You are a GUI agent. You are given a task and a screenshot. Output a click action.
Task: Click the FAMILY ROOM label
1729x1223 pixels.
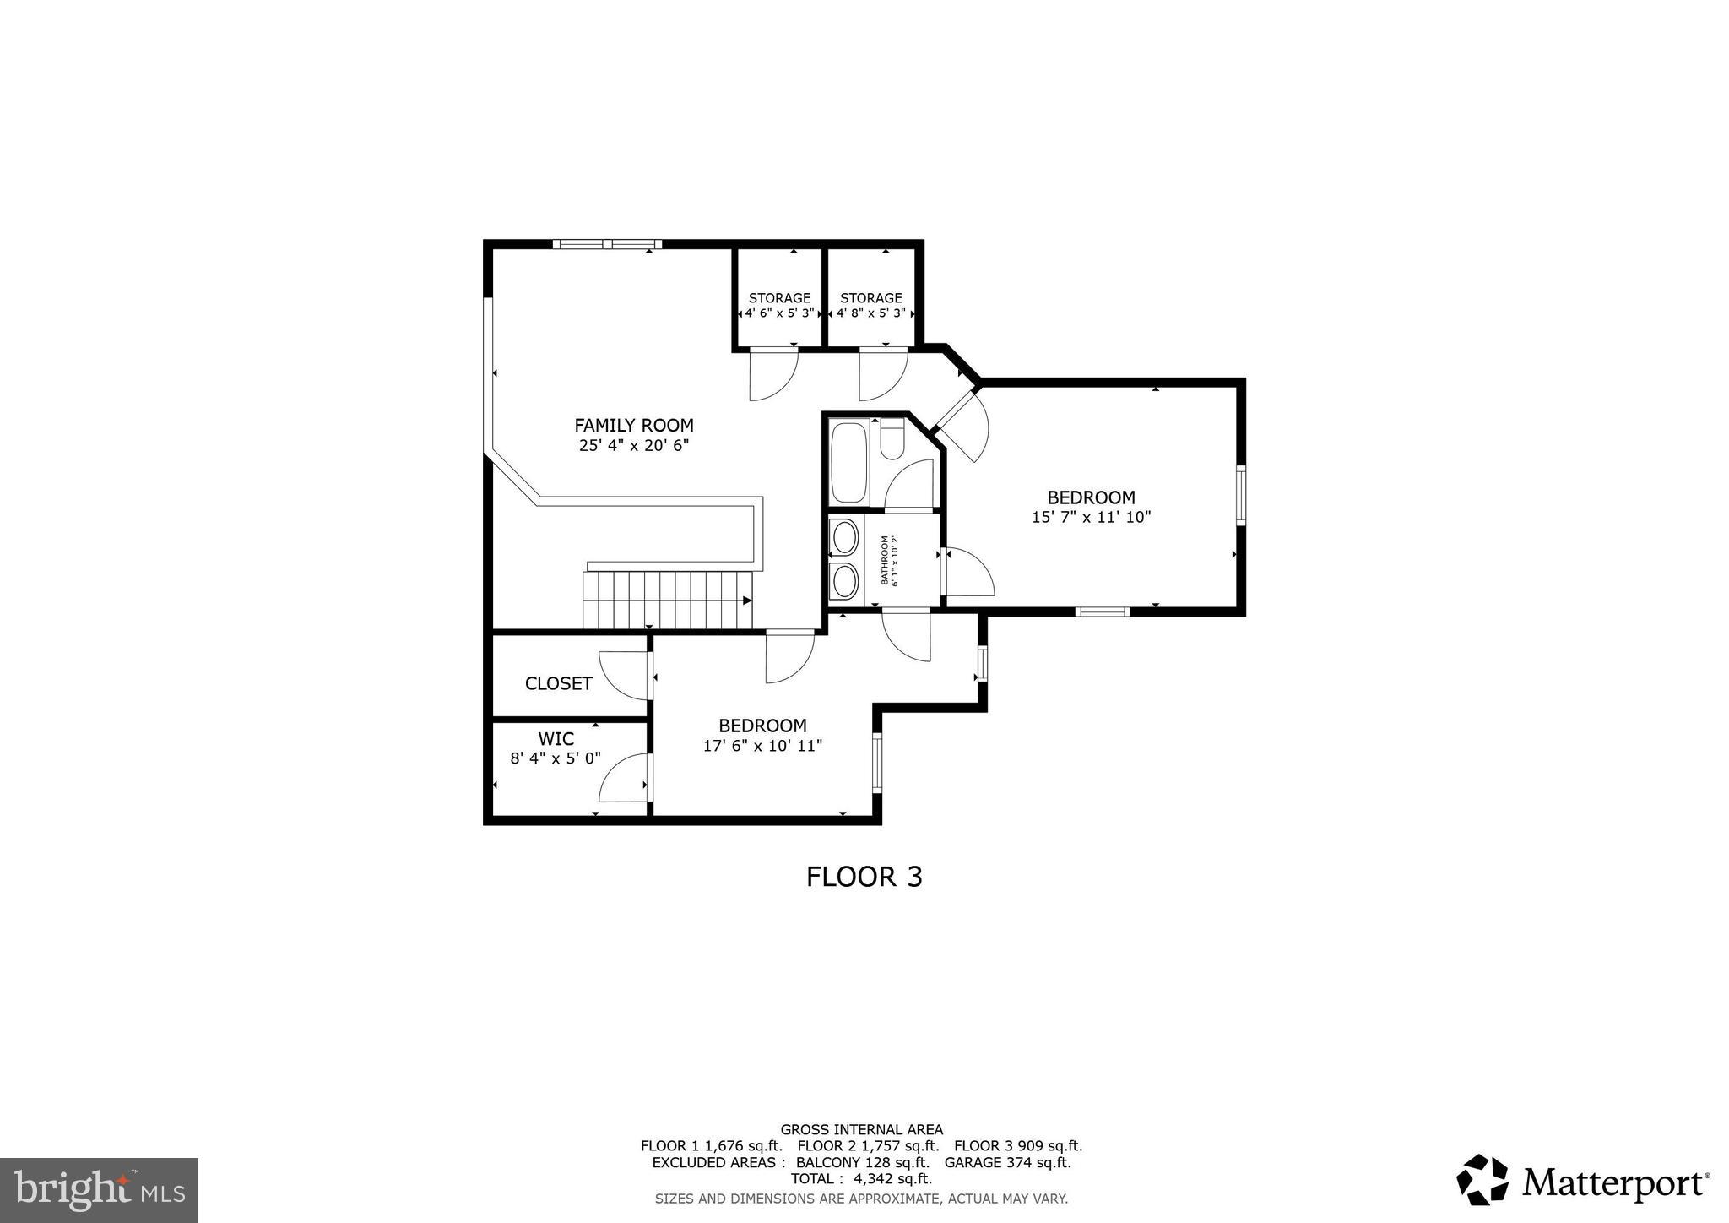tap(634, 426)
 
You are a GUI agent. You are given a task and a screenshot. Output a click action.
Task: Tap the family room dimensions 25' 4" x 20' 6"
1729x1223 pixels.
tap(634, 446)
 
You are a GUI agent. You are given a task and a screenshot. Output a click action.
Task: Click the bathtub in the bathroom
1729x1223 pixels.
tap(848, 463)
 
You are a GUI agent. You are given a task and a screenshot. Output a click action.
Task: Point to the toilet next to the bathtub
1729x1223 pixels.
tap(892, 441)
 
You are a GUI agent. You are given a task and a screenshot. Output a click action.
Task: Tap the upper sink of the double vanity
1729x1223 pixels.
tap(845, 537)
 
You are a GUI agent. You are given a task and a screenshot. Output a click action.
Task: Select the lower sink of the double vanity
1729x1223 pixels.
tap(845, 580)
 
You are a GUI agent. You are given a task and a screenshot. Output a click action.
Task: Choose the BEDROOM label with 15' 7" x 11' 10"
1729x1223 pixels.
tap(1091, 497)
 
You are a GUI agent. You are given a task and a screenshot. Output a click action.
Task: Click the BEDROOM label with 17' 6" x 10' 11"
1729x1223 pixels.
tap(762, 726)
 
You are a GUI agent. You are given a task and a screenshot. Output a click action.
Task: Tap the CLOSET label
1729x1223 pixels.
tap(559, 683)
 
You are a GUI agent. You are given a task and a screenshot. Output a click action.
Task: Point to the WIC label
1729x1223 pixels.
tap(556, 739)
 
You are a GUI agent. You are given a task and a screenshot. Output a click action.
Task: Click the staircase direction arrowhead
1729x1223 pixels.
tap(747, 601)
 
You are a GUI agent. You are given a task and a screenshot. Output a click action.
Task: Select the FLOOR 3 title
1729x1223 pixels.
tap(864, 877)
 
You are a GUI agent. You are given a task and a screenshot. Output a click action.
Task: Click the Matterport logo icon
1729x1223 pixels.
tap(1482, 1180)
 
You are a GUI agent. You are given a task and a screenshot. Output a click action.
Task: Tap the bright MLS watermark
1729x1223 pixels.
tap(100, 1190)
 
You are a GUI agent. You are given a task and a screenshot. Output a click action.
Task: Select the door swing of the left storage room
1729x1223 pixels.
tap(772, 374)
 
